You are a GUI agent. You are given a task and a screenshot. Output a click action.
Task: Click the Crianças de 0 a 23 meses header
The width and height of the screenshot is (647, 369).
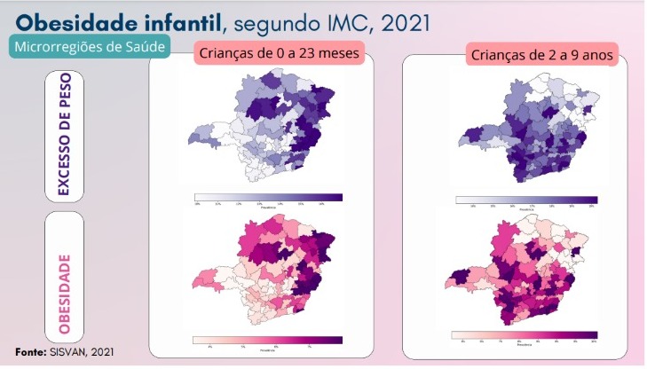pyautogui.click(x=279, y=54)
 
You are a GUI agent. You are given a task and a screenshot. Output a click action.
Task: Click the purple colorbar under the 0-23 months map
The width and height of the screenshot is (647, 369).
pyautogui.click(x=268, y=197)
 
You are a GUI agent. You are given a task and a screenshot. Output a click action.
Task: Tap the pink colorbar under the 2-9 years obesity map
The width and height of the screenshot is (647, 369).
pyautogui.click(x=524, y=334)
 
